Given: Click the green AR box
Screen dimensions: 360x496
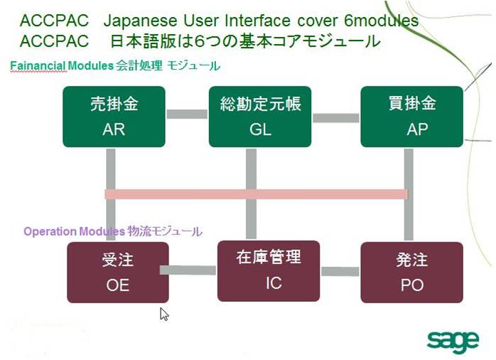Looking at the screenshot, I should (114, 116).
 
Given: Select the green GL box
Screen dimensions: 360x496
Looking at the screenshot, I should (260, 116).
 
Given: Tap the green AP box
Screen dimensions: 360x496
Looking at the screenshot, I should (411, 116).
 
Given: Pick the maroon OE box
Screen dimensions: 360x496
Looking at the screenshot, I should (118, 272).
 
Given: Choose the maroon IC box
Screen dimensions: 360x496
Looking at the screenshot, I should (268, 271).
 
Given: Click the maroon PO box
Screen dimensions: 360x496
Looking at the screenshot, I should (411, 272).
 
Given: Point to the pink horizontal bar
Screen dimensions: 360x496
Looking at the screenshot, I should (256, 194).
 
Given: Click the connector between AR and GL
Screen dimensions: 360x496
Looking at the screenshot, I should (187, 114).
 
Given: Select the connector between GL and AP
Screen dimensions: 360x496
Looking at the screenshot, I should (335, 118).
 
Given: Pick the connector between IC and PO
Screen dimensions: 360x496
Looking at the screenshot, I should (340, 271).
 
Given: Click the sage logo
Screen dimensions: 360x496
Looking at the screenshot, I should (452, 340).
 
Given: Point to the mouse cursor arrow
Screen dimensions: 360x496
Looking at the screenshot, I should (164, 314).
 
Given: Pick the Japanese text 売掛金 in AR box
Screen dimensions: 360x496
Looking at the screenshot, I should (114, 104).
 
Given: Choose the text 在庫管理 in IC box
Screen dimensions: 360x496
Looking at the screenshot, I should (268, 258).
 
